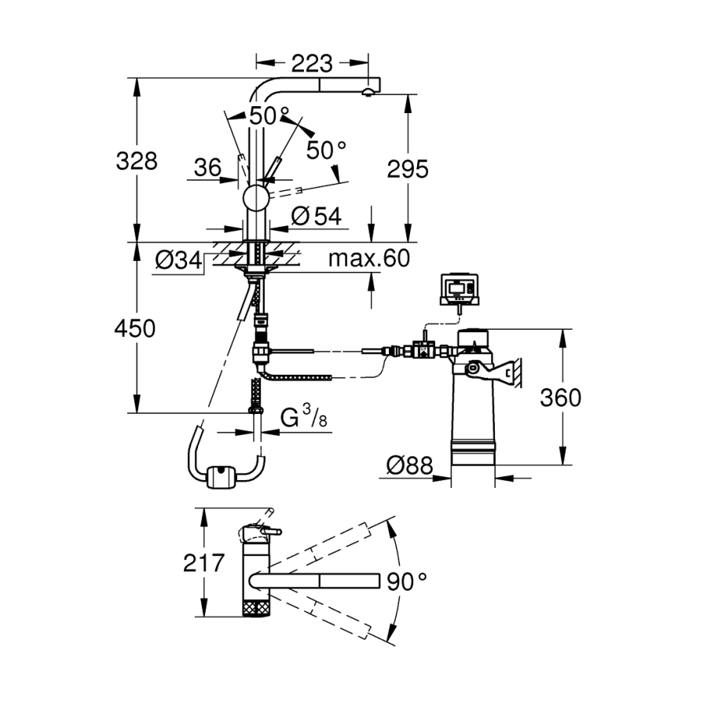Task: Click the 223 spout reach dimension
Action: click(312, 62)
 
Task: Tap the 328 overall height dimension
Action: click(137, 161)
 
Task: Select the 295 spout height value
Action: click(407, 168)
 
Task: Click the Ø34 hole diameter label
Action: click(177, 260)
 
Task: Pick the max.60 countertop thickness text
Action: click(368, 258)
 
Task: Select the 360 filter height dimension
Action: click(560, 397)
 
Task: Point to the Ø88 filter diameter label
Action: click(410, 466)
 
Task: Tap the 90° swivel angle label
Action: click(407, 581)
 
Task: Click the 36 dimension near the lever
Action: click(207, 167)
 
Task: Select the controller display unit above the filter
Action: click(457, 288)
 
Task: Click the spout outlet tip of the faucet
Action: click(366, 93)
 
